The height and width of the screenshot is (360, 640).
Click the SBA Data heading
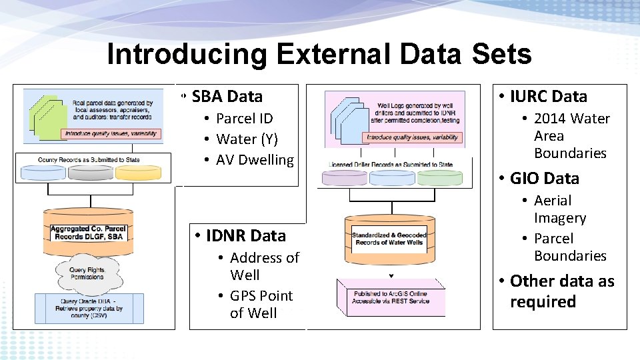pyautogui.click(x=227, y=97)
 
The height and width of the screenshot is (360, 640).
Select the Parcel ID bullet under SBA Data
pyautogui.click(x=244, y=119)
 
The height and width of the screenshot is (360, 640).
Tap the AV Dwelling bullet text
pyautogui.click(x=255, y=160)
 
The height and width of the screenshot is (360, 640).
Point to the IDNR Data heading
pyautogui.click(x=245, y=236)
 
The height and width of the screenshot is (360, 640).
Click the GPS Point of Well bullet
pyautogui.click(x=261, y=305)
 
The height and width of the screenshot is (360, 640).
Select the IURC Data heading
pyautogui.click(x=548, y=97)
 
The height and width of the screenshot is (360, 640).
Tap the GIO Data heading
pyautogui.click(x=544, y=179)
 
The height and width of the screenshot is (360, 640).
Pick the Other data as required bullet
pyautogui.click(x=561, y=291)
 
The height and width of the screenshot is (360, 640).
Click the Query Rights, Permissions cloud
pyautogui.click(x=87, y=273)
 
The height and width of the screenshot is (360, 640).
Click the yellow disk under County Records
pyautogui.click(x=138, y=173)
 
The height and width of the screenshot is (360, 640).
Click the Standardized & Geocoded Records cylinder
pyautogui.click(x=389, y=238)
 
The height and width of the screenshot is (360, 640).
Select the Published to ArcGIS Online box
pyautogui.click(x=391, y=297)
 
